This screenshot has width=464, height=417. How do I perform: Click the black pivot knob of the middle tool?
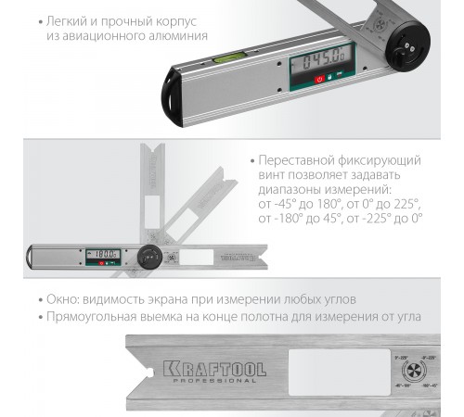[148, 256]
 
